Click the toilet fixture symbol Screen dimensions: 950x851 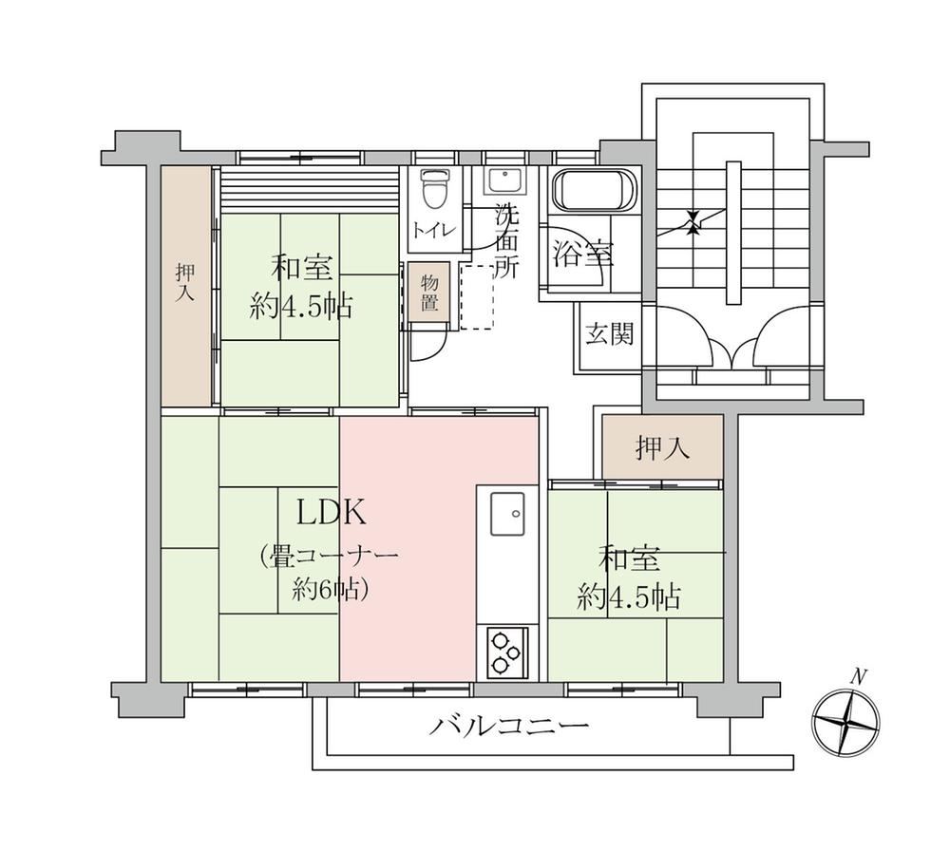coord(435,188)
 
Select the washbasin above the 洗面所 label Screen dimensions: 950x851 coord(506,180)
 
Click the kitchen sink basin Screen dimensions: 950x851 coord(507,514)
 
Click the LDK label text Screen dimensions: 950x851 coord(331,514)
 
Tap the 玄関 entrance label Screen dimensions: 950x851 coord(610,333)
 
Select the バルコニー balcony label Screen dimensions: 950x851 coord(509,725)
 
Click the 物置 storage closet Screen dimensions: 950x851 coord(429,292)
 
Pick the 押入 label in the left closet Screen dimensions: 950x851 coord(186,283)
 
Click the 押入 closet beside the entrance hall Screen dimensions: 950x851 coord(663,447)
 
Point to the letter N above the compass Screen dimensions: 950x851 coord(857,676)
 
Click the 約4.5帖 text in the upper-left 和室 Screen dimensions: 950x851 coord(301,308)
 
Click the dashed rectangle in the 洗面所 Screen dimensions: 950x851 coord(477,296)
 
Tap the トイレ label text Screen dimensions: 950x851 coord(434,231)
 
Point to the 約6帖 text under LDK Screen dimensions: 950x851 coord(331,588)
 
